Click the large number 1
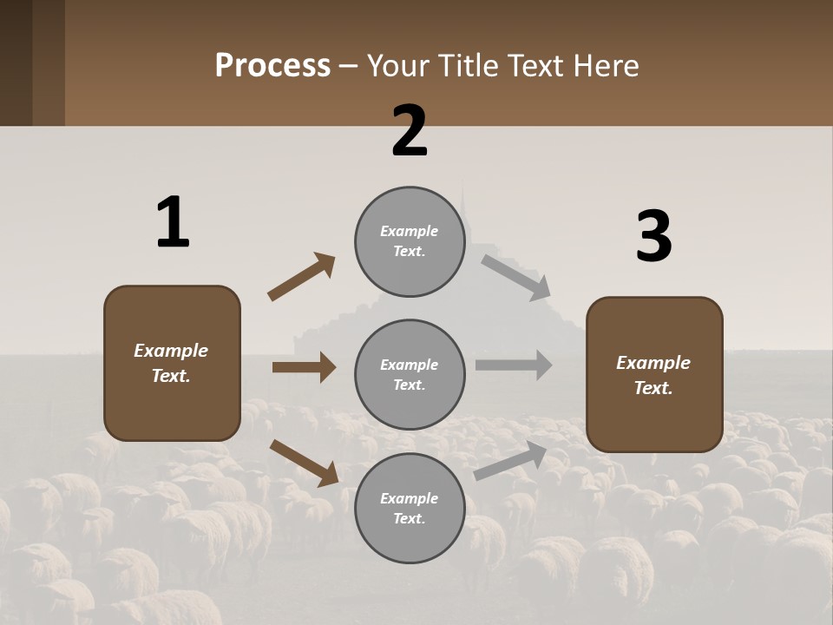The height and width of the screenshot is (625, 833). coord(173,223)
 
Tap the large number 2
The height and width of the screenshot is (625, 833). coord(410,131)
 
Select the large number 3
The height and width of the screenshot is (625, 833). coord(654,237)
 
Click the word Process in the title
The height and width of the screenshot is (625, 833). coord(272,65)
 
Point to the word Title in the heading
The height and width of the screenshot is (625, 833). coord(466,65)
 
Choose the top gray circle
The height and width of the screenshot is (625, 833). coord(410,241)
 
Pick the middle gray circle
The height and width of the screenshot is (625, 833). coord(410,375)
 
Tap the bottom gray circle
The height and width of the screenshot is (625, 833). coord(410,509)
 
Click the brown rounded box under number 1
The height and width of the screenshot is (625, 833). coord(172,363)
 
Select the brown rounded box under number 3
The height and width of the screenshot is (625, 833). coord(654,375)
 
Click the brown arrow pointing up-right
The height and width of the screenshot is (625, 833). coord(302,277)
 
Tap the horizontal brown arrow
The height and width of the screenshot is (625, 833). coord(304,367)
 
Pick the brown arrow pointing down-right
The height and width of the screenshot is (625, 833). coord(305,463)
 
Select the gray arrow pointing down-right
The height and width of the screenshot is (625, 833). coord(516,278)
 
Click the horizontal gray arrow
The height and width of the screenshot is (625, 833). coord(514,365)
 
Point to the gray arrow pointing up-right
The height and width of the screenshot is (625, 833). coord(511,461)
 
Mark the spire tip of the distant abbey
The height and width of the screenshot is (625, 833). coord(463,184)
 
